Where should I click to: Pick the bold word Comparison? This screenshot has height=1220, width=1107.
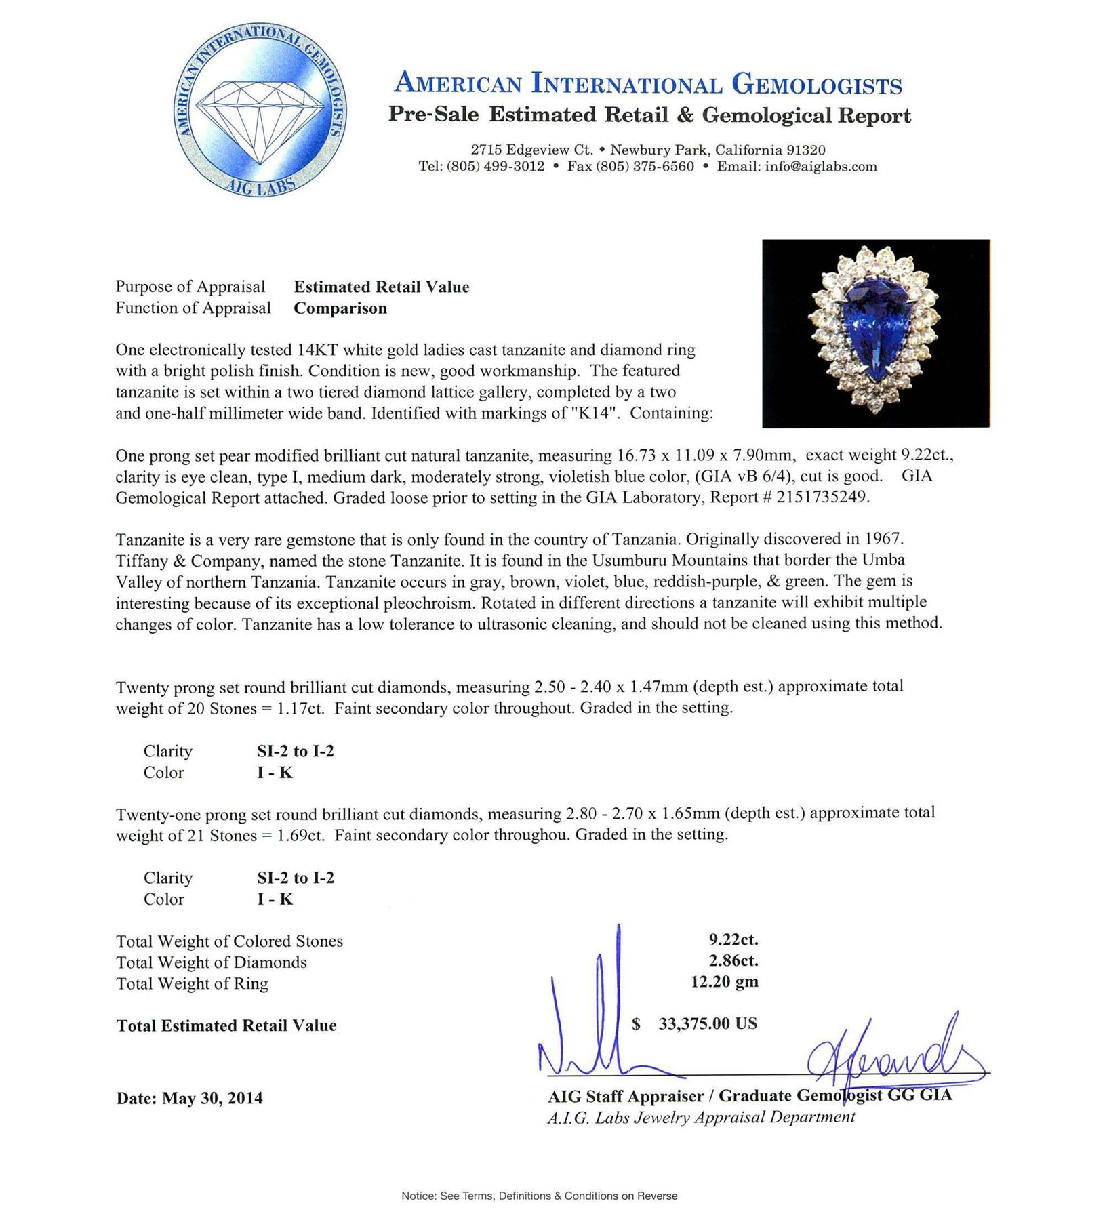coord(340,308)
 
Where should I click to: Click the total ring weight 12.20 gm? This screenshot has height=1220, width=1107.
coord(724,981)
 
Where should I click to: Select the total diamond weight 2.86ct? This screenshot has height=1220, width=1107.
coord(733,960)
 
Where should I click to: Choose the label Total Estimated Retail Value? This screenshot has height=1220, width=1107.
coord(226,1025)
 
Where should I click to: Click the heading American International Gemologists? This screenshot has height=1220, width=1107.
coord(648,84)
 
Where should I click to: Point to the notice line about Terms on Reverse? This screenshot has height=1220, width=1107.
coord(539,1196)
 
